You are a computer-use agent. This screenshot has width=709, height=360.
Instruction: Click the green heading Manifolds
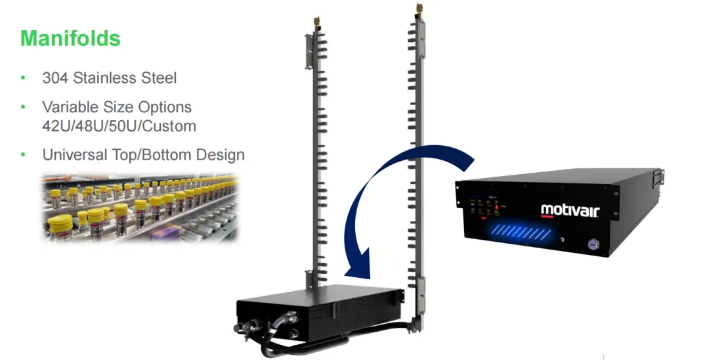pos(70,38)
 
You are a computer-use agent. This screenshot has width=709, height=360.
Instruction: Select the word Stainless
pos(105,78)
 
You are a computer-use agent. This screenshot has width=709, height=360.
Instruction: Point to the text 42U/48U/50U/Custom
pos(119,125)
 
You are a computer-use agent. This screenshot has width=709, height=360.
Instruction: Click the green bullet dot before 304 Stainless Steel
pos(24,78)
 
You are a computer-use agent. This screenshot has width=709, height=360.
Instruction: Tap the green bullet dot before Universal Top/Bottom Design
pos(24,155)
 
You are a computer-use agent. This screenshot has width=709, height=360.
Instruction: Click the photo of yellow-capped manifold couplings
pos(139,206)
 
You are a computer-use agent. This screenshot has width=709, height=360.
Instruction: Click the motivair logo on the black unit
pos(570,210)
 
